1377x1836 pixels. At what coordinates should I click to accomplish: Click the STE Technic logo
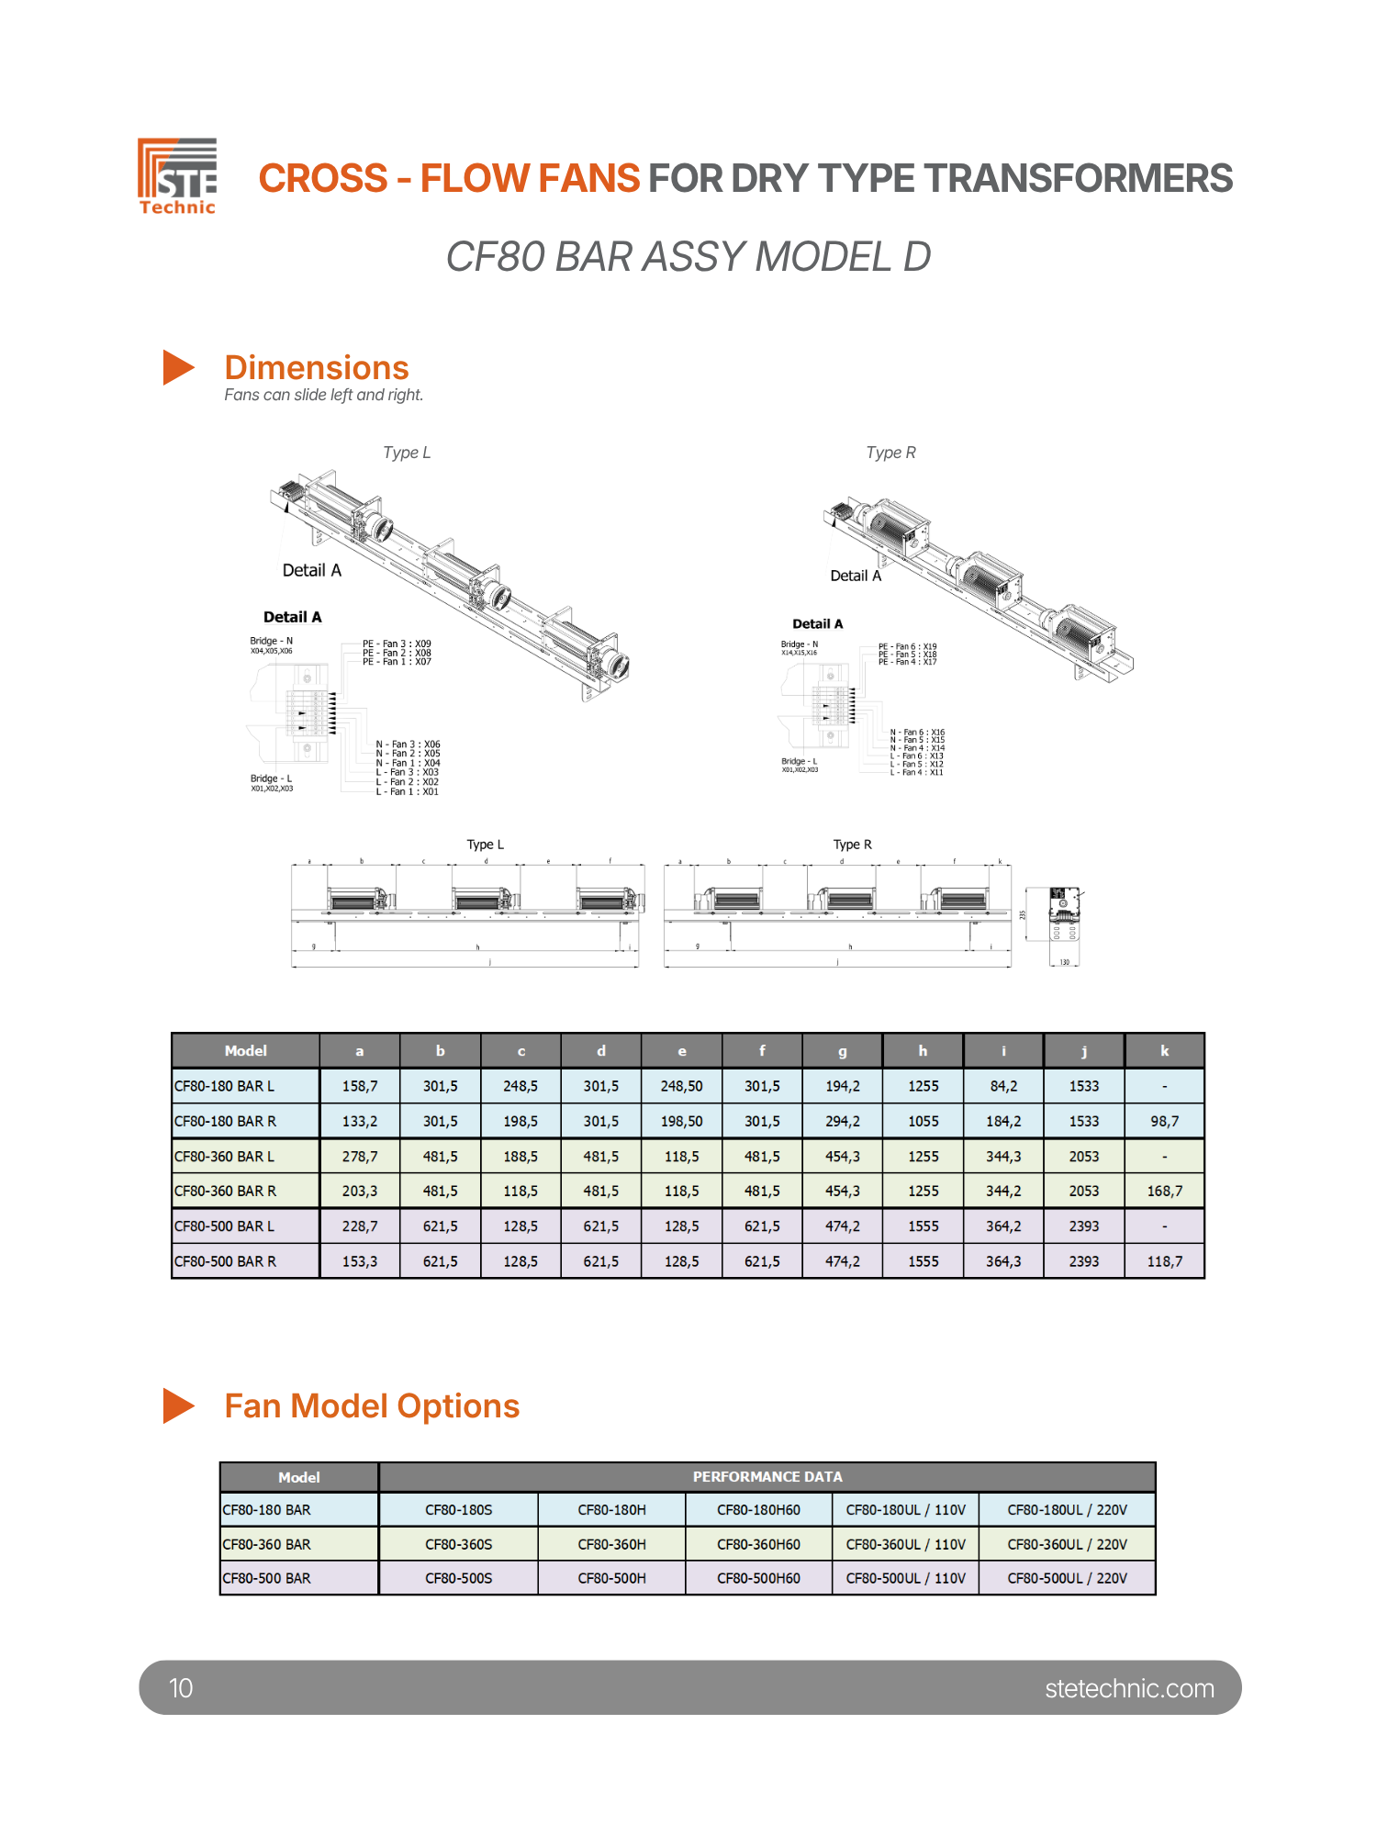(177, 176)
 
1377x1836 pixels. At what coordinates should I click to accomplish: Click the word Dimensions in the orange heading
(317, 368)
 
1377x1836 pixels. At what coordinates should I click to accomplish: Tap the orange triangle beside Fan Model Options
(178, 1405)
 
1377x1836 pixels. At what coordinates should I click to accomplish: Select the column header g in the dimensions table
(842, 1051)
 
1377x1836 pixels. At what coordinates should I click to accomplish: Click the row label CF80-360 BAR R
(226, 1191)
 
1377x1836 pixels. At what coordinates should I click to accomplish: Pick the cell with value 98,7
(1164, 1121)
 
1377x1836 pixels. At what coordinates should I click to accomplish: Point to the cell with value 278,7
(359, 1157)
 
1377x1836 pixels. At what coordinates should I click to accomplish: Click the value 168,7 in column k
(1164, 1191)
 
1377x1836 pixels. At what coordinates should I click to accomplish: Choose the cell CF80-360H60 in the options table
(758, 1544)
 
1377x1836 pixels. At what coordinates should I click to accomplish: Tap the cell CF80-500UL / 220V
(1067, 1578)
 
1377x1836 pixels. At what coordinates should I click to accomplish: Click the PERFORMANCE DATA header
(767, 1477)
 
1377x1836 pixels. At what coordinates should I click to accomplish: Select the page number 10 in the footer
(181, 1688)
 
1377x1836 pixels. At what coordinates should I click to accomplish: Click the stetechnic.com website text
(1129, 1688)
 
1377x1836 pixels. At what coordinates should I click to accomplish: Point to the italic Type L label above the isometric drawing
(407, 453)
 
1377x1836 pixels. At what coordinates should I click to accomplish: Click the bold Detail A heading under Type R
(817, 624)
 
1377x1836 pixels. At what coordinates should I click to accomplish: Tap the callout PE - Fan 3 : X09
(397, 644)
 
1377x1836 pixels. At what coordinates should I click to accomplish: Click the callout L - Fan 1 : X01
(407, 791)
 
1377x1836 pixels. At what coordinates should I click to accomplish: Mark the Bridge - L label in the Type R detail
(799, 761)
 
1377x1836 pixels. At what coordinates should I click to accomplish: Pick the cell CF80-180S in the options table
(458, 1510)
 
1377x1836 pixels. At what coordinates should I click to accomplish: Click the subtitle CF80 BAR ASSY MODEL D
(688, 257)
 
